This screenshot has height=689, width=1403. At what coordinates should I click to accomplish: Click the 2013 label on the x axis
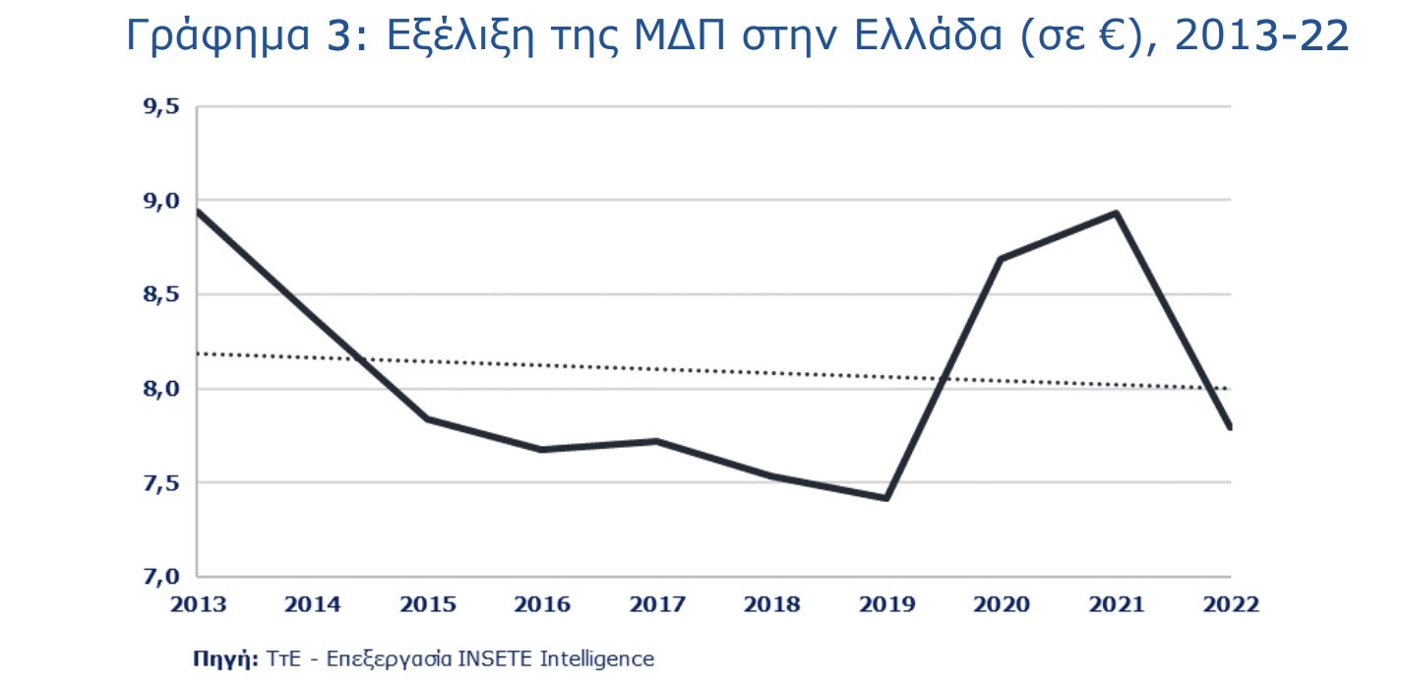(198, 604)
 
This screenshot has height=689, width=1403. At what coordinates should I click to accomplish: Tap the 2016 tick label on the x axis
(542, 604)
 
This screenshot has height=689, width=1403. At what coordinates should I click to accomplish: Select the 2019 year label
(886, 604)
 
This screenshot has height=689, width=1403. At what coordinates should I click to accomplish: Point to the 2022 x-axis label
(1230, 604)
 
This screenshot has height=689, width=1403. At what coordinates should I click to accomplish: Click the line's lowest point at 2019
(886, 498)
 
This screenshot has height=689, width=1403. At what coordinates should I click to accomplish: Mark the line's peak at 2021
(1117, 213)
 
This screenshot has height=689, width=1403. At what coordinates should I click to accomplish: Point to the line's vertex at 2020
(1001, 259)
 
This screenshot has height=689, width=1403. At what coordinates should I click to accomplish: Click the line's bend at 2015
(428, 419)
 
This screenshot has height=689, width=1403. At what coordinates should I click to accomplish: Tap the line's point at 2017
(657, 441)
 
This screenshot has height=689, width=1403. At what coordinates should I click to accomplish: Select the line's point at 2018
(772, 476)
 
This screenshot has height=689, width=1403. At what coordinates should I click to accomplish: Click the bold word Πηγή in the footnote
(225, 659)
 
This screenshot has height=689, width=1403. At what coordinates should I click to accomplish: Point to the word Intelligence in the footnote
(596, 659)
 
